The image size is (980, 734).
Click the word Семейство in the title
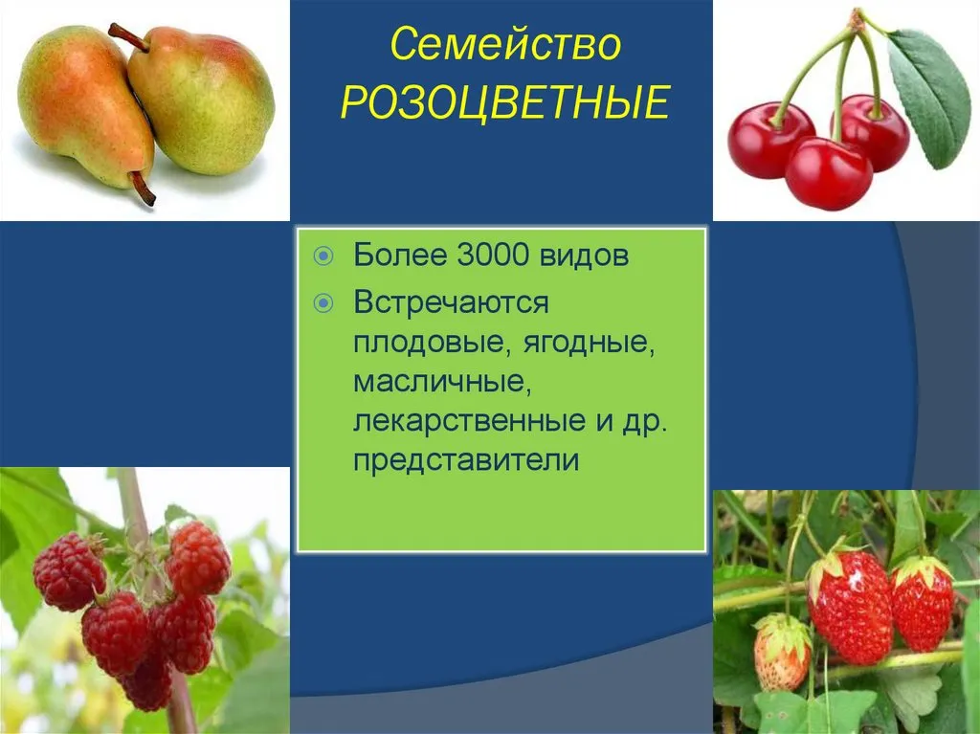click(505, 44)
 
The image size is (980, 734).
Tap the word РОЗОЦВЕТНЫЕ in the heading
click(505, 102)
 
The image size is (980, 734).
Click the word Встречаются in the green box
click(451, 302)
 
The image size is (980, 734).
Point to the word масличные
click(442, 382)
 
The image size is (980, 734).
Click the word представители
click(466, 460)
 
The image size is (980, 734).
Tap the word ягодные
click(589, 343)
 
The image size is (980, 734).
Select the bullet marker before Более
click(323, 256)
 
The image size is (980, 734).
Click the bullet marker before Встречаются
click(323, 304)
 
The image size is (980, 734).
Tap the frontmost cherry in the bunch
click(828, 173)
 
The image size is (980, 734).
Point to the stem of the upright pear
click(127, 36)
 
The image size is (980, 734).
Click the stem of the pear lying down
click(144, 188)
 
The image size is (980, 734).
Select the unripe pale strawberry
click(782, 652)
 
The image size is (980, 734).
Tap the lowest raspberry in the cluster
click(147, 684)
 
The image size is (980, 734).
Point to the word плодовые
click(433, 343)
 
